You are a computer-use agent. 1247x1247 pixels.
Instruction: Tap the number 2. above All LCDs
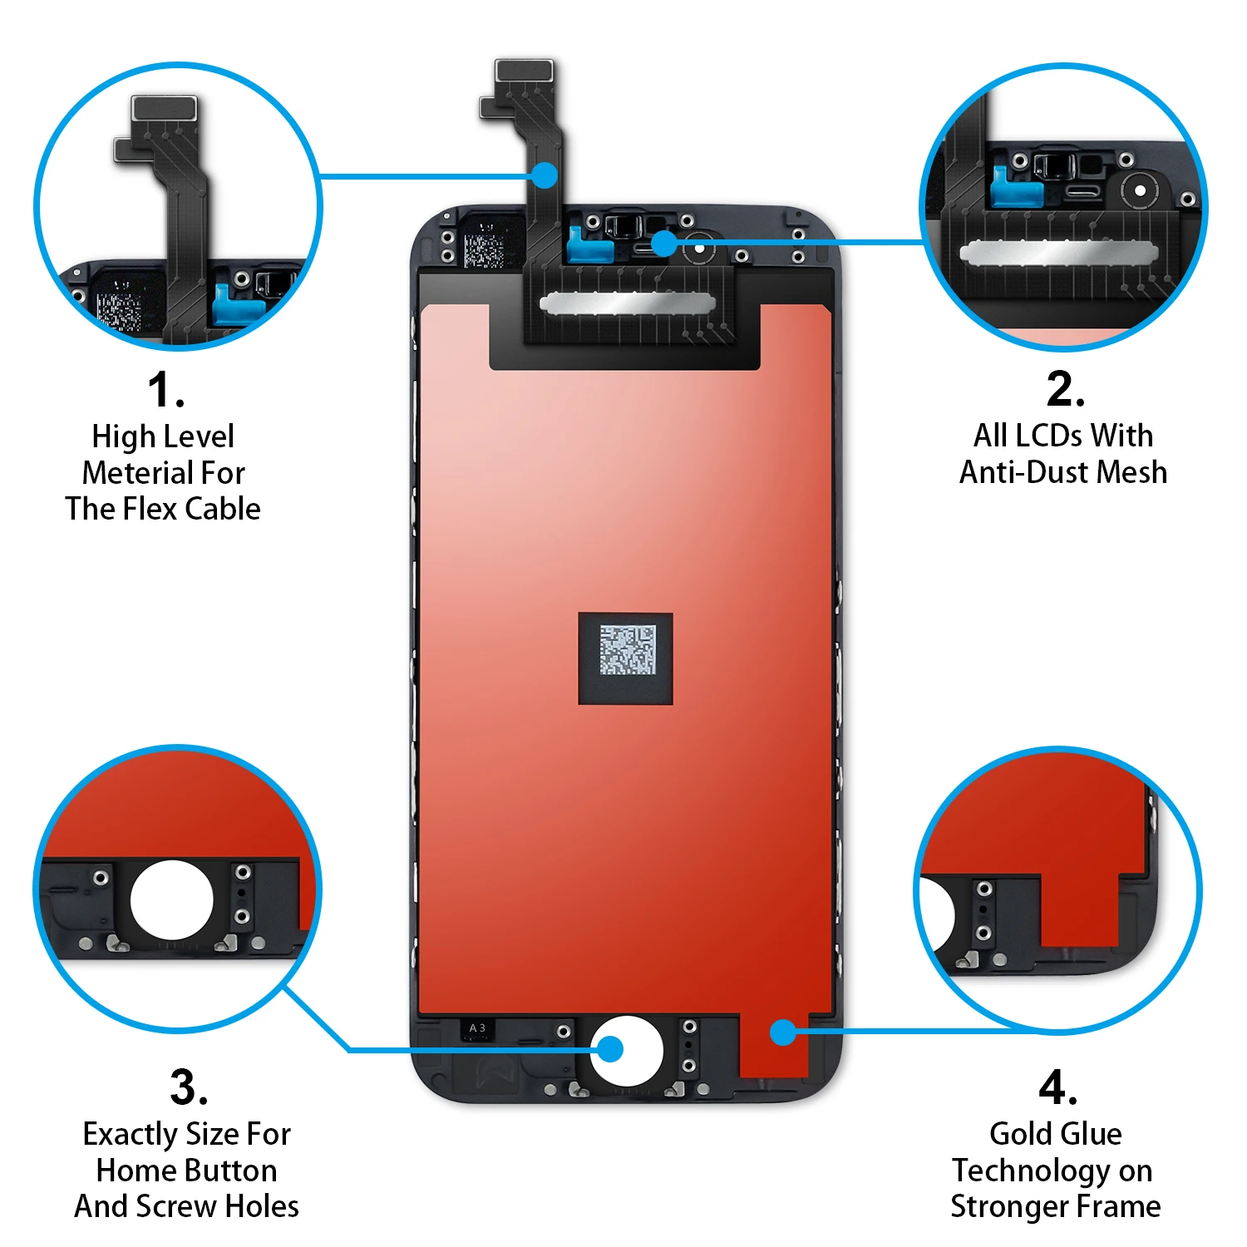(x=1065, y=388)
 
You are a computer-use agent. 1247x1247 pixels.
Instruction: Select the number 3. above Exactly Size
(x=189, y=1087)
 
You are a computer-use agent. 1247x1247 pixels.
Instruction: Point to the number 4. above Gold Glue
(x=1057, y=1087)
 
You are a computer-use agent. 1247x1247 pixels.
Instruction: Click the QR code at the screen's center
(x=628, y=650)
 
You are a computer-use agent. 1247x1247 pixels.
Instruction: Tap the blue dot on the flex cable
(x=545, y=175)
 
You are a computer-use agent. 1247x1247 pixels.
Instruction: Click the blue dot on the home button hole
(x=610, y=1049)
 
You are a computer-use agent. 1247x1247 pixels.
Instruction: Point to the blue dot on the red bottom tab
(x=783, y=1033)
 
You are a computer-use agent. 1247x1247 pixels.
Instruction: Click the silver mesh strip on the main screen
(x=627, y=303)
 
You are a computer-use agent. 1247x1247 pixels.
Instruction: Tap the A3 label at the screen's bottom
(x=477, y=1028)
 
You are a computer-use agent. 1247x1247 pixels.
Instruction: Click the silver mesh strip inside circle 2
(x=1058, y=253)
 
